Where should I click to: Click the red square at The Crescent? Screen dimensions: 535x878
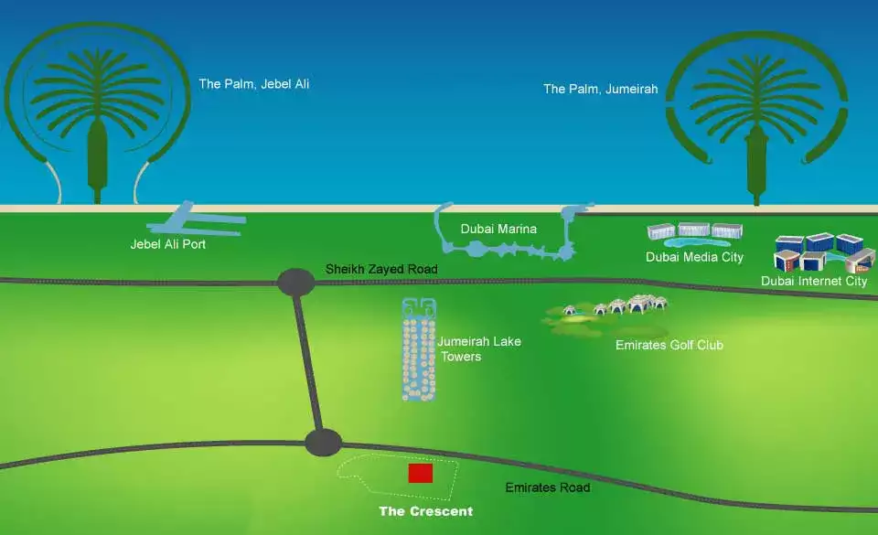[420, 473]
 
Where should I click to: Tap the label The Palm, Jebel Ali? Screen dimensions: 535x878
[254, 84]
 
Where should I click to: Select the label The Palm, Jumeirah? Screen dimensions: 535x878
[600, 89]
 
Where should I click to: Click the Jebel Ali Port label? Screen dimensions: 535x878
[168, 244]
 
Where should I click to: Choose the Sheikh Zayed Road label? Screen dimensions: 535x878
[381, 270]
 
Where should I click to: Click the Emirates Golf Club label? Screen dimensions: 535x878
[669, 345]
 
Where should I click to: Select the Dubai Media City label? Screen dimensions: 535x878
[694, 257]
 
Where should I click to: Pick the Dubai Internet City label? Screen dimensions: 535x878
[814, 282]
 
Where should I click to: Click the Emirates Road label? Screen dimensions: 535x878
[548, 487]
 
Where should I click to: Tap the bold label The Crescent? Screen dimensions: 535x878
[426, 511]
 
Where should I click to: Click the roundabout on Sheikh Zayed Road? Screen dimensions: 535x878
[295, 282]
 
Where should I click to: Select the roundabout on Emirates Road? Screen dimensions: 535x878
[323, 443]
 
